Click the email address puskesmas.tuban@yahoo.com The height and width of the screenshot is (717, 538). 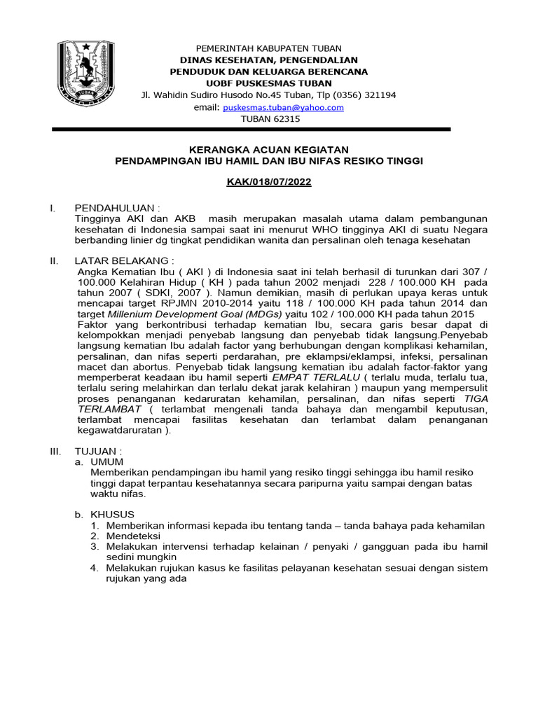coord(283,107)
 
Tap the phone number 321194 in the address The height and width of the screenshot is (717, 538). coord(379,95)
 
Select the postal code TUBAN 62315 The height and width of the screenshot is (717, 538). coord(270,119)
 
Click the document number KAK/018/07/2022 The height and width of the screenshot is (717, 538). coord(269,181)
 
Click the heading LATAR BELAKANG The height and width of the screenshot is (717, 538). coord(123,260)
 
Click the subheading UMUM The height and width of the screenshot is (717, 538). coord(107,462)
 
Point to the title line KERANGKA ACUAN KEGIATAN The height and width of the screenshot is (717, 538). coord(269,150)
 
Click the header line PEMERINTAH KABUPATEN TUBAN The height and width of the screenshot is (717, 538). coord(269,48)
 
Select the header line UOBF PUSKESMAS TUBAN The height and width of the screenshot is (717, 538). coord(269,83)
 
